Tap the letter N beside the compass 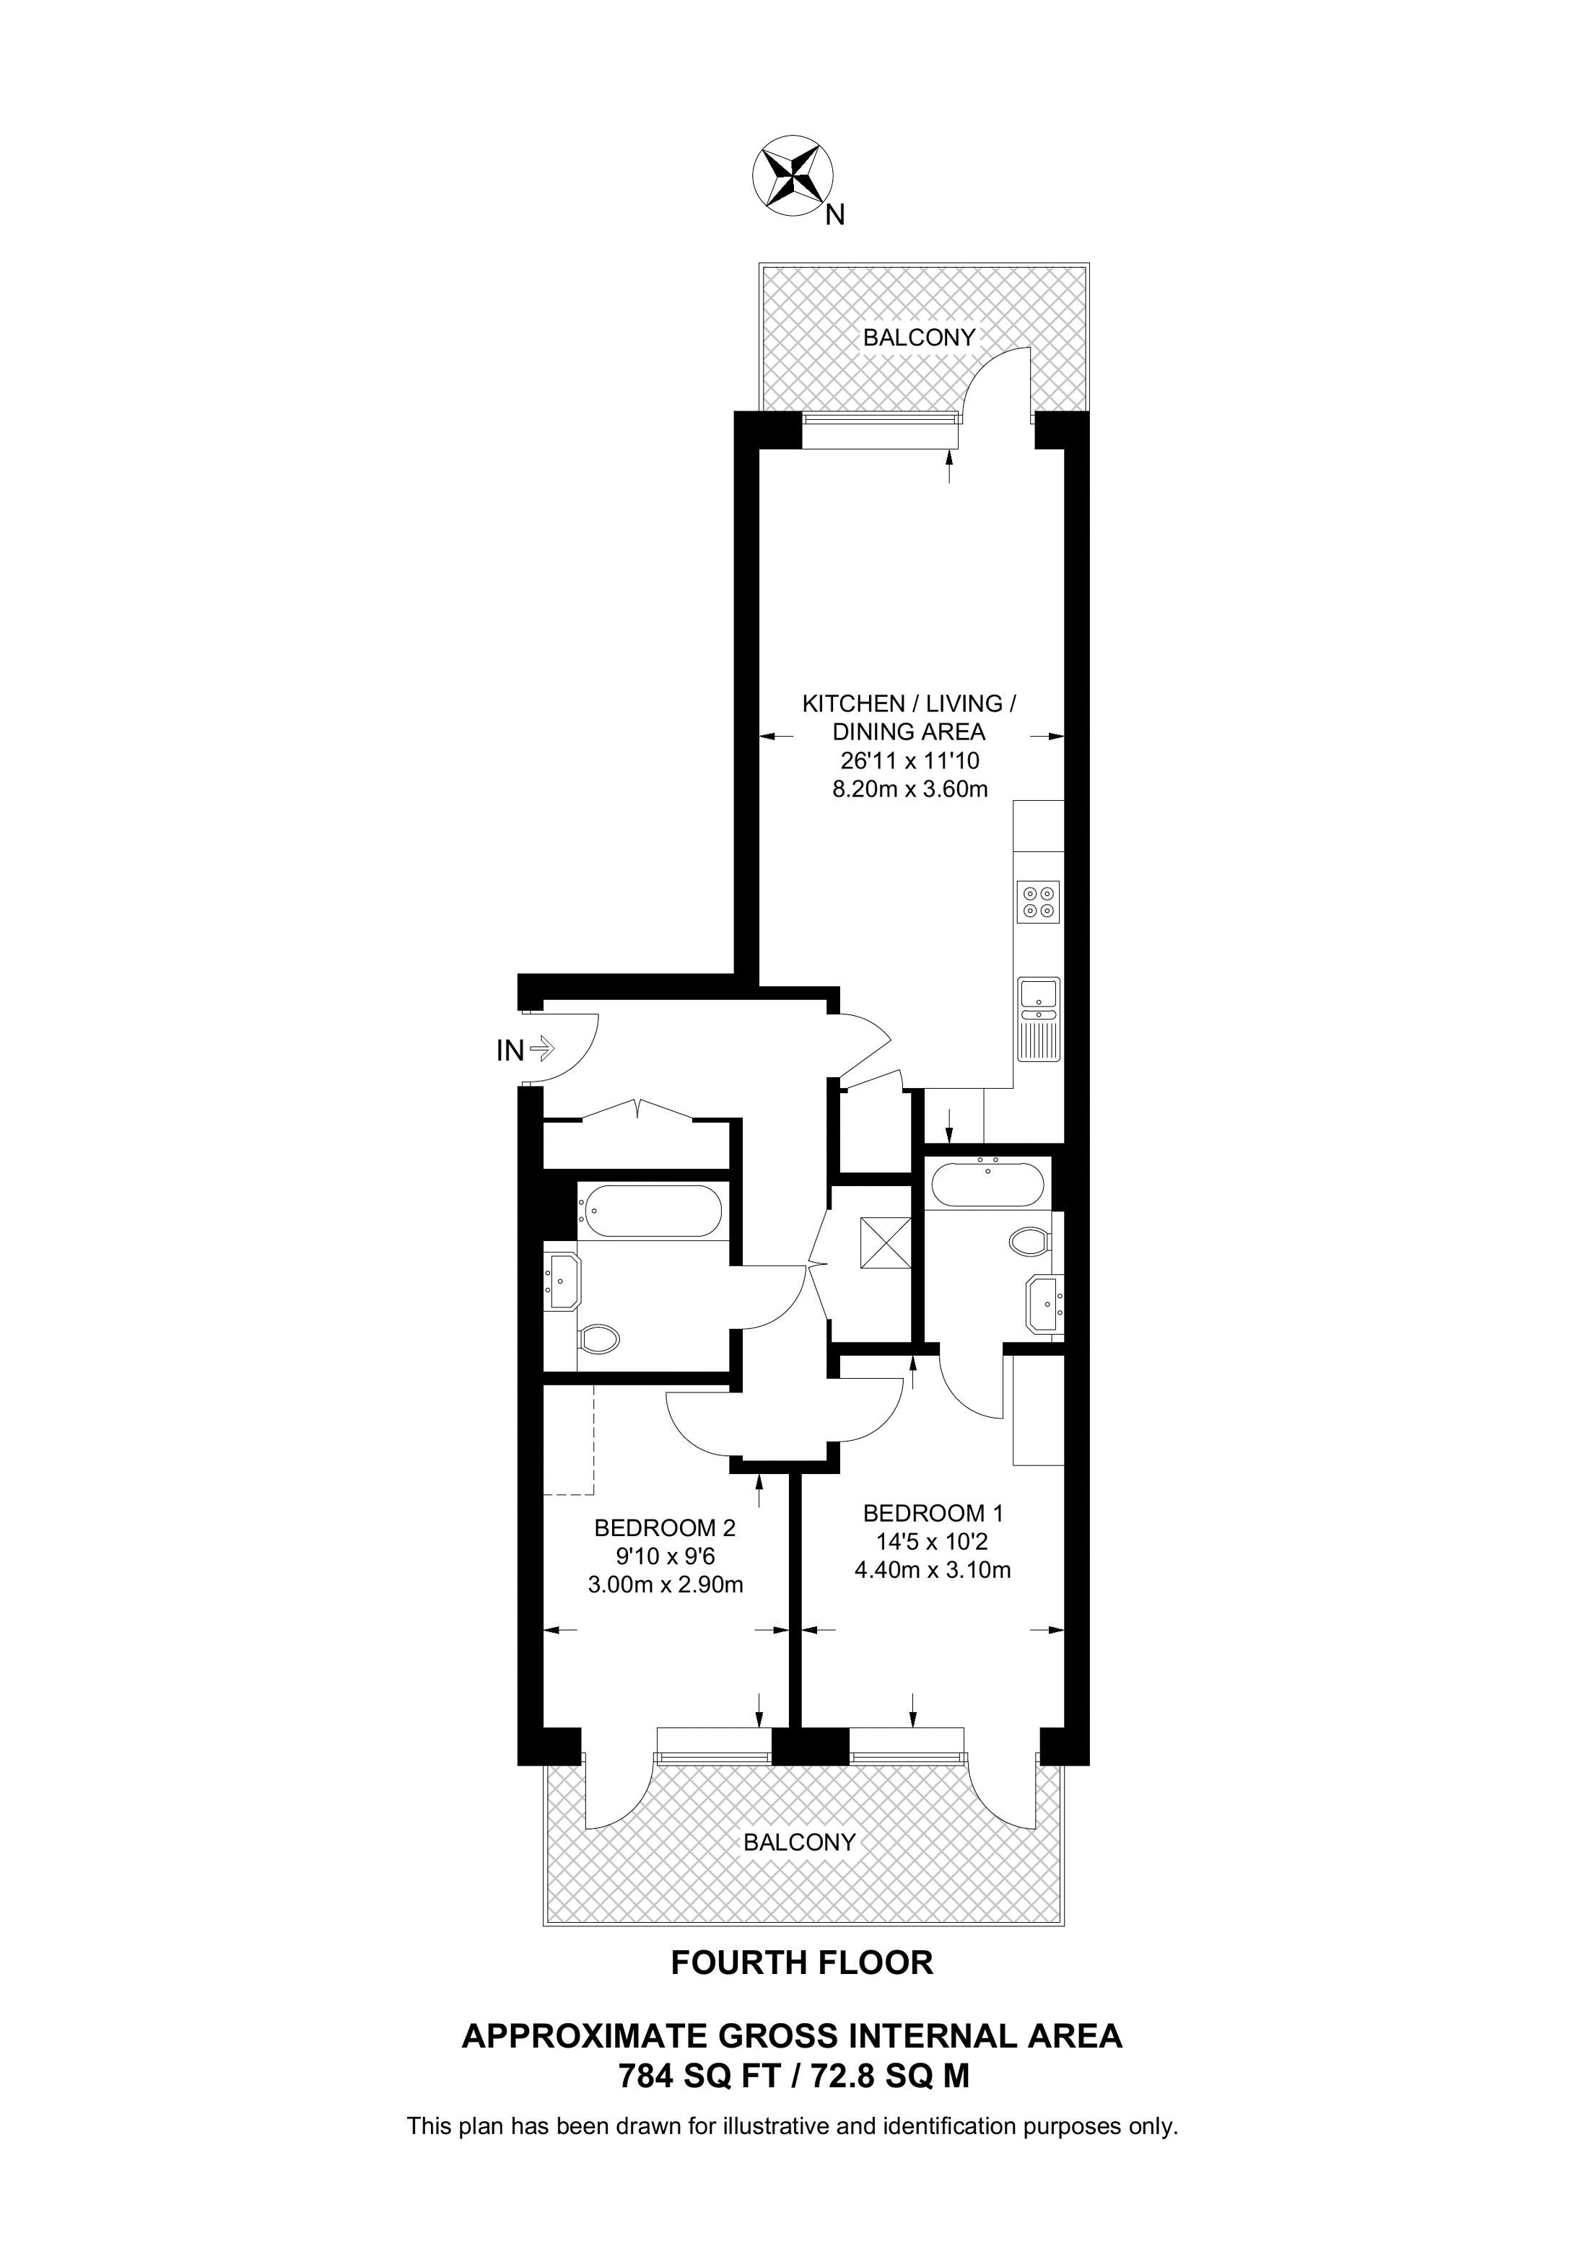tap(834, 215)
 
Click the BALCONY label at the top tap(919, 338)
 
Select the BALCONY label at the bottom tap(799, 1842)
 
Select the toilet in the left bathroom tap(599, 1338)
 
